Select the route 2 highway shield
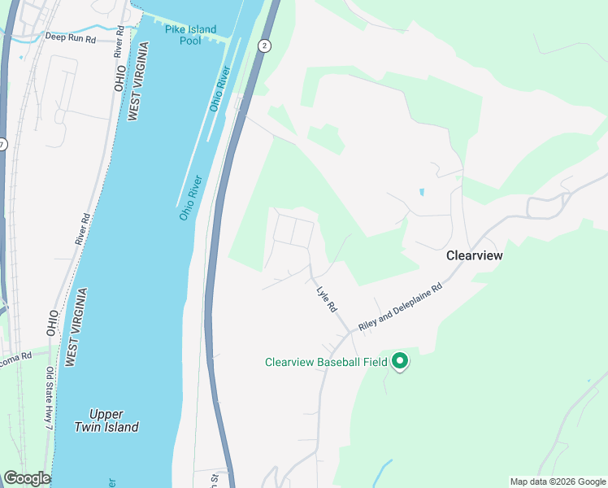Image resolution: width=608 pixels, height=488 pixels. point(265,46)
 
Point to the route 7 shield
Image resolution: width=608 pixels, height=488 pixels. point(2,144)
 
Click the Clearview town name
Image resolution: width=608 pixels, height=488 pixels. point(475,255)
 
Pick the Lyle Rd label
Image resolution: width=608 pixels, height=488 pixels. point(326,298)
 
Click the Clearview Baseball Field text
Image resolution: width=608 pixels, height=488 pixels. point(326,362)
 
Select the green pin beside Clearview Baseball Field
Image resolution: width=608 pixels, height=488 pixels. point(399,360)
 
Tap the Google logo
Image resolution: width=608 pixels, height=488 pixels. point(27,478)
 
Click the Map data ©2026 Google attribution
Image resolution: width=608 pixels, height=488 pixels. point(558,481)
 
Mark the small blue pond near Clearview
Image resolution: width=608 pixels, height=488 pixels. point(421,193)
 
